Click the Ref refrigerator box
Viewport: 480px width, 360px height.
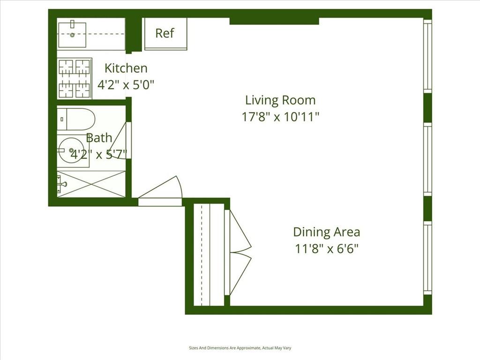click(165, 33)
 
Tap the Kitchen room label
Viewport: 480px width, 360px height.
click(126, 68)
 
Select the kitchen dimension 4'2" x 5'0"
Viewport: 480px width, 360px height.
click(126, 85)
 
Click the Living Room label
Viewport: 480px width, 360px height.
click(280, 100)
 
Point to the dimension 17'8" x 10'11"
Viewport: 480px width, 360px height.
click(280, 117)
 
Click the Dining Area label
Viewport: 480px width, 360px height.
click(326, 232)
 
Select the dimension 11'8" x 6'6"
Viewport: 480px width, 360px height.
click(326, 248)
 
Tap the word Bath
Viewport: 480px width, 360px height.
click(99, 138)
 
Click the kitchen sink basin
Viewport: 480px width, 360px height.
click(72, 34)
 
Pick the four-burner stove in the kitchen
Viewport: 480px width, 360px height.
click(74, 78)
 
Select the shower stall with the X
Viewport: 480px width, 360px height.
click(91, 184)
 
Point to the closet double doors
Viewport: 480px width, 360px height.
click(239, 252)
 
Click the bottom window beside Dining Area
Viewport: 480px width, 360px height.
click(427, 258)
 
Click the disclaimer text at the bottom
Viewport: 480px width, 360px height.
click(240, 348)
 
